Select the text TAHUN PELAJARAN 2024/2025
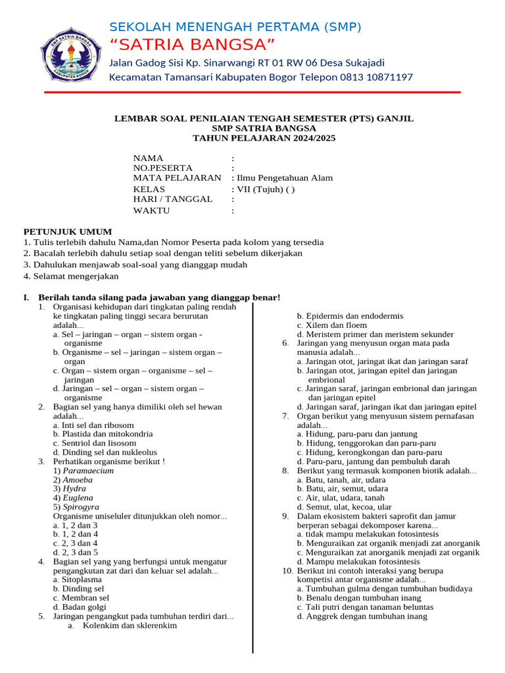coord(264,139)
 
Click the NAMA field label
coord(148,158)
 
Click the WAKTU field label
coord(151,210)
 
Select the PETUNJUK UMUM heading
coord(68,231)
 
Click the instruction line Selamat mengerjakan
coord(71,276)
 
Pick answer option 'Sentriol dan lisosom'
coord(95,443)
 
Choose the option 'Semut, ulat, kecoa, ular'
coord(344,507)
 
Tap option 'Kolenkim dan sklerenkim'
coord(130,626)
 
